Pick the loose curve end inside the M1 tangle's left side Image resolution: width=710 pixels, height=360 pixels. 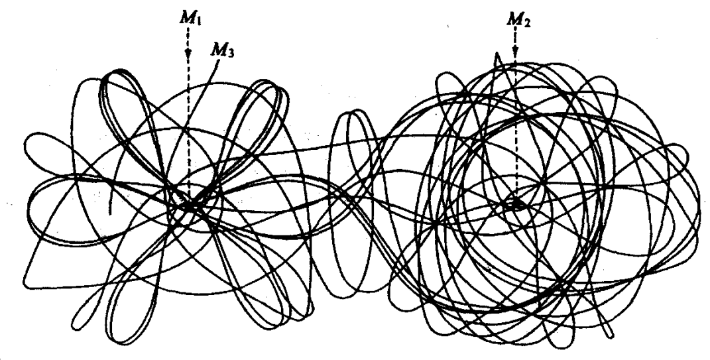pyautogui.click(x=110, y=212)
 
